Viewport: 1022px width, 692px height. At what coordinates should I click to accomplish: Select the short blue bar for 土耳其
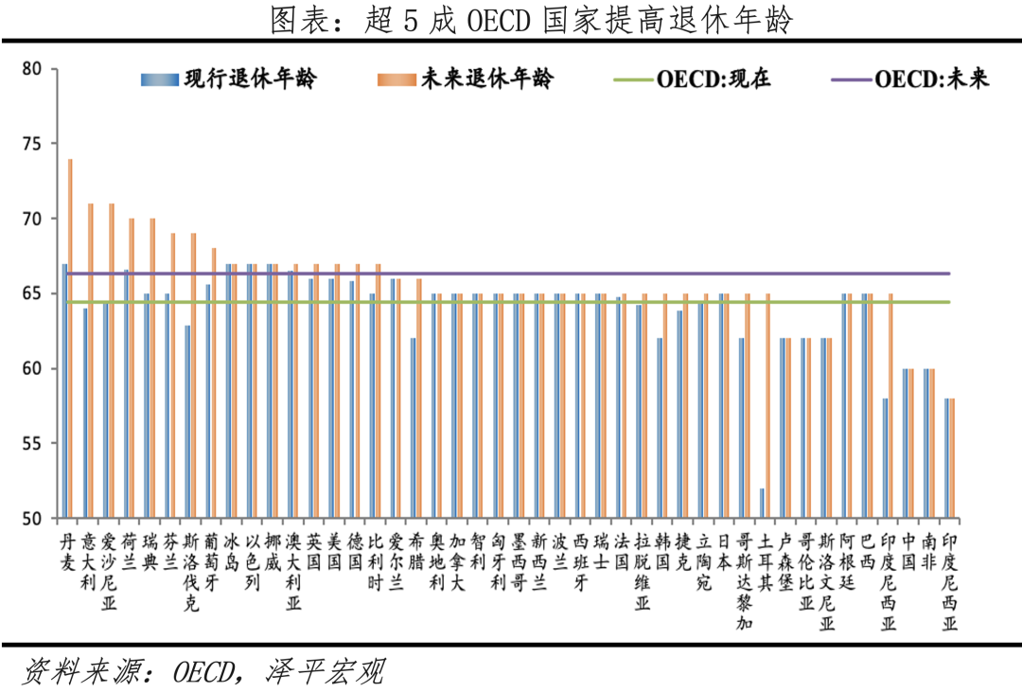click(x=762, y=504)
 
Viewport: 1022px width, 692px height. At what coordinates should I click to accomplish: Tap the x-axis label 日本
click(x=725, y=551)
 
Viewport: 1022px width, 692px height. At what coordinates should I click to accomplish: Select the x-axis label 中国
click(x=908, y=551)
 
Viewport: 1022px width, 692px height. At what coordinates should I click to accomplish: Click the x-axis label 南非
click(x=929, y=551)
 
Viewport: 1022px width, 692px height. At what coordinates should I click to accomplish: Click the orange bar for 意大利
click(x=91, y=361)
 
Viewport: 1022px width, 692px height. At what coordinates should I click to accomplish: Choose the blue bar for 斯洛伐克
click(x=188, y=422)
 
